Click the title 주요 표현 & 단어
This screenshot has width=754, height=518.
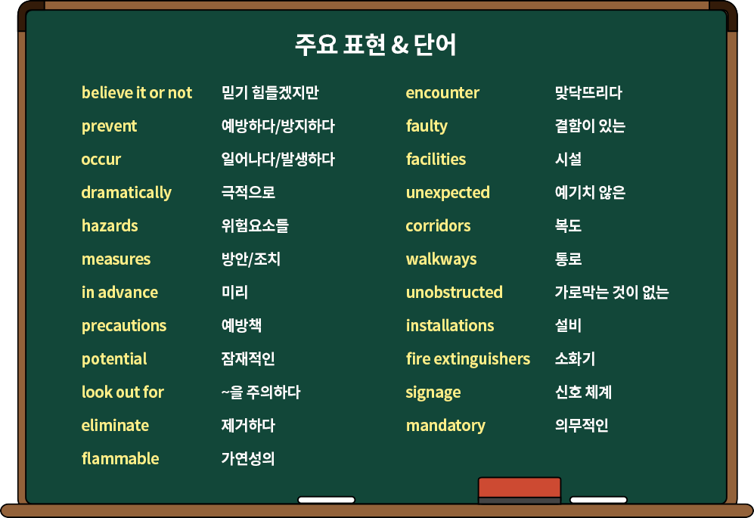tap(376, 45)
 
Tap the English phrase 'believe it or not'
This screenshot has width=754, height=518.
tap(137, 92)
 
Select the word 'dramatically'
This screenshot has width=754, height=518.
tap(126, 193)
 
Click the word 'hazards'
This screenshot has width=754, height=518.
tap(110, 225)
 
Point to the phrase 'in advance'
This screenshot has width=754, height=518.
tap(119, 292)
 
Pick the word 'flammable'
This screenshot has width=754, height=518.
tap(120, 458)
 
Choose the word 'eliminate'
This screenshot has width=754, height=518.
tap(116, 425)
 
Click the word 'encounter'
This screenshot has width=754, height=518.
tap(442, 92)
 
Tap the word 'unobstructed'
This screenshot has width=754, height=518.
tap(455, 292)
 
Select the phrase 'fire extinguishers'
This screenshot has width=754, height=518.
tap(468, 358)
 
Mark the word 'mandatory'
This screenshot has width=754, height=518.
tap(445, 426)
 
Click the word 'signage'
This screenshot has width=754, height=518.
tap(433, 392)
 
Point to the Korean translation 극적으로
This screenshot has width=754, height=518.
tap(248, 192)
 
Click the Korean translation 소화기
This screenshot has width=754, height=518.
tap(575, 358)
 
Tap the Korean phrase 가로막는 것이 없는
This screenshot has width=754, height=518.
tap(612, 292)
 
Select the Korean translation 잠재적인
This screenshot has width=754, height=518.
tap(248, 358)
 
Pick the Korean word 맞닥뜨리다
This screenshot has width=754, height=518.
tap(588, 92)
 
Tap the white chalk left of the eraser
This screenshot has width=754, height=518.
tap(327, 500)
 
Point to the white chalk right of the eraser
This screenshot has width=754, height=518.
tap(599, 500)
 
